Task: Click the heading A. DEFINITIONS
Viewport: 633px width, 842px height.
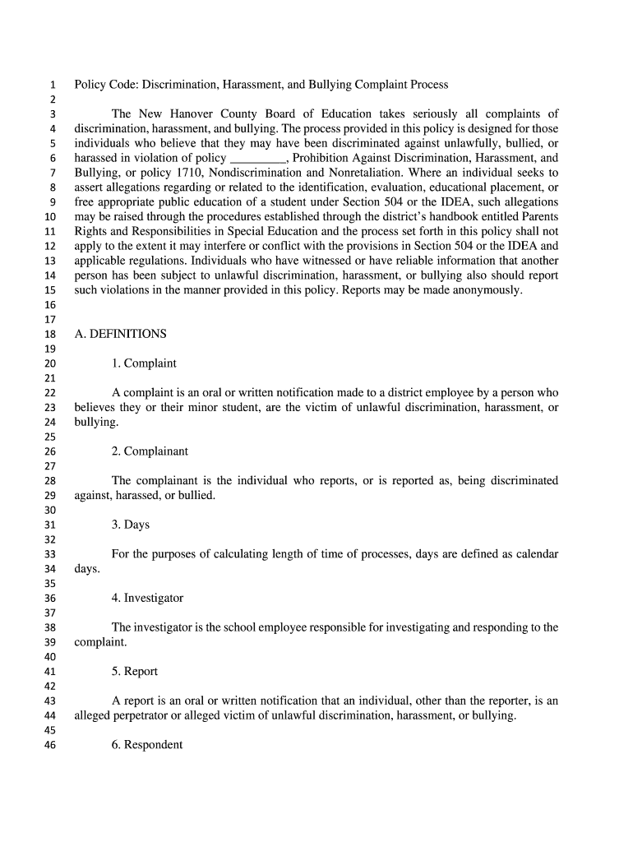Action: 120,335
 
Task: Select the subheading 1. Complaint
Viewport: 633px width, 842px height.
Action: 144,363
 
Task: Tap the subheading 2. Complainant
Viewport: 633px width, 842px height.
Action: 150,451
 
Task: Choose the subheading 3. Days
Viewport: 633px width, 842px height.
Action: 131,525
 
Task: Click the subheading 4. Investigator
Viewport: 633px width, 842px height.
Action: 148,598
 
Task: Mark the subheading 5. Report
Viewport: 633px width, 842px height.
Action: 135,672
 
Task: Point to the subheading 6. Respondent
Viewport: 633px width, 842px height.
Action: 147,745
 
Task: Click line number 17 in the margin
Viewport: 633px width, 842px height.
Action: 49,320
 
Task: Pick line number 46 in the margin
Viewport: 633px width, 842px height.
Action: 49,746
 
